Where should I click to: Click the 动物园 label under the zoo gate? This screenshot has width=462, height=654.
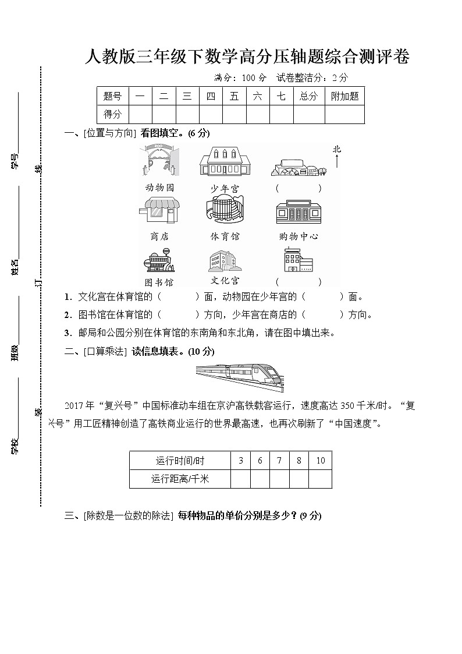(159, 188)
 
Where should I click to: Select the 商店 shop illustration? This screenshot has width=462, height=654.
(159, 211)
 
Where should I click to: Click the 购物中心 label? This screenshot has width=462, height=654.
(298, 236)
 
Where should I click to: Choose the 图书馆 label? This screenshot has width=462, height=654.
(159, 282)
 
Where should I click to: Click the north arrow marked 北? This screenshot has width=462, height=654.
(337, 157)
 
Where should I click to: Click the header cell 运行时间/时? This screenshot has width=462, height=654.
(180, 461)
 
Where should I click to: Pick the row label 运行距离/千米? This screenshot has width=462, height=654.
(180, 479)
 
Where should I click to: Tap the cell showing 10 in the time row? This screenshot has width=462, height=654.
(320, 461)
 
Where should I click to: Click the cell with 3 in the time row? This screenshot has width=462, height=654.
(240, 461)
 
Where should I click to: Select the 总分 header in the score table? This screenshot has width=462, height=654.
(308, 97)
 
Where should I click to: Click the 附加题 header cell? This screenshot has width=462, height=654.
(344, 97)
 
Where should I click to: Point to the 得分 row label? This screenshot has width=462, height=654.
(112, 114)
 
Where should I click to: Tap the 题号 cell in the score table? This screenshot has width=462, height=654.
(112, 97)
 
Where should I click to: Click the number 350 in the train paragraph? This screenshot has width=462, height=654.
(347, 406)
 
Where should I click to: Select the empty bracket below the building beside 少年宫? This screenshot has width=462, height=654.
(298, 188)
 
